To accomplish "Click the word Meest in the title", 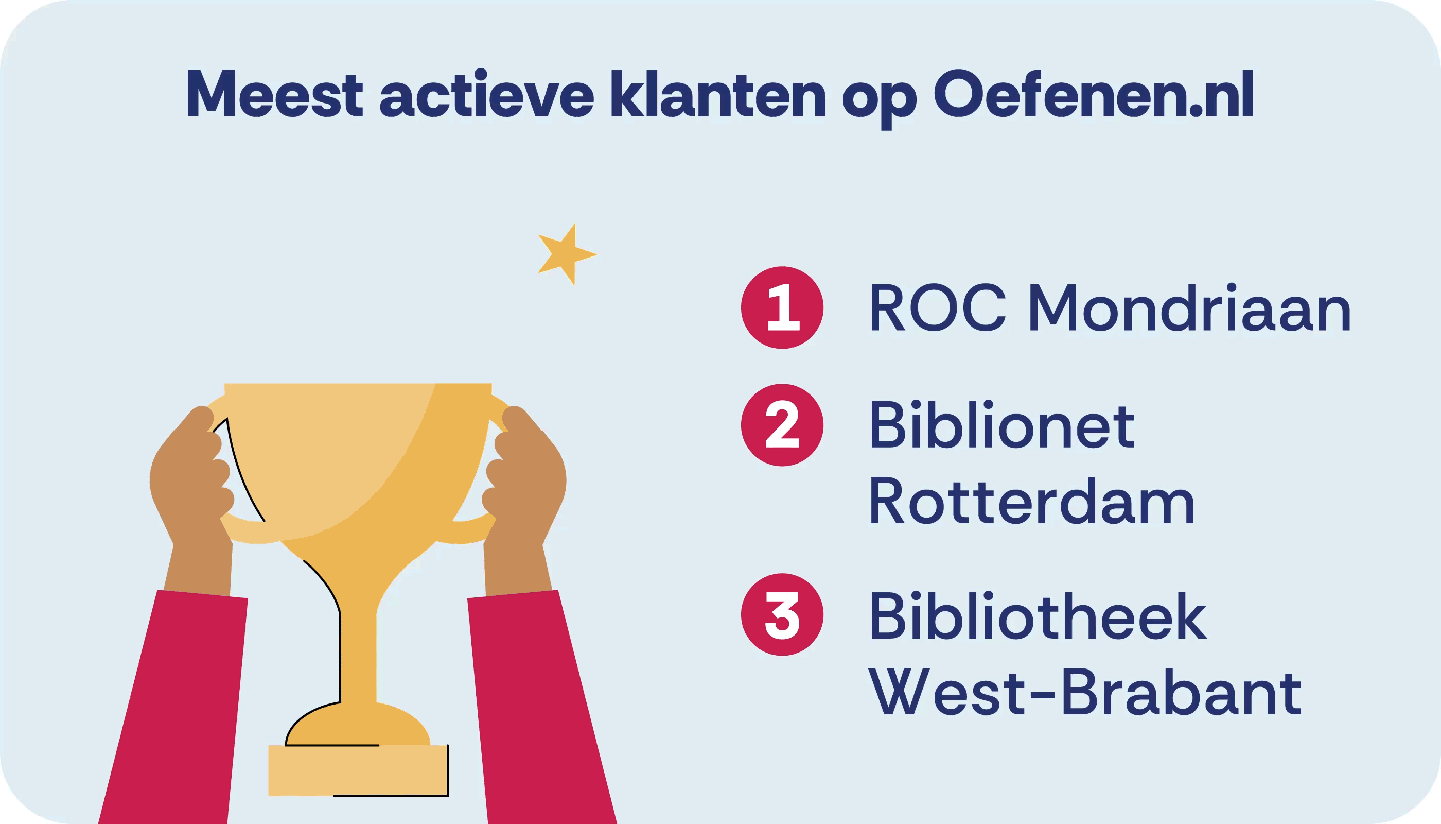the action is pyautogui.click(x=274, y=93).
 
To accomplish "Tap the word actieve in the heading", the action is pyautogui.click(x=486, y=93).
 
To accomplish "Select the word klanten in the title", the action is pyautogui.click(x=718, y=93).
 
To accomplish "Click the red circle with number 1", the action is pyautogui.click(x=782, y=307).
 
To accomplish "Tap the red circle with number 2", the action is pyautogui.click(x=782, y=425).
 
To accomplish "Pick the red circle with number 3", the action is pyautogui.click(x=782, y=614).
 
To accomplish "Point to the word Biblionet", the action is pyautogui.click(x=1001, y=424).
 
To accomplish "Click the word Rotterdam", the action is pyautogui.click(x=1032, y=501).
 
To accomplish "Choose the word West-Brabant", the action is pyautogui.click(x=1085, y=691).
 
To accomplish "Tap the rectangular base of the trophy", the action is pyautogui.click(x=359, y=770).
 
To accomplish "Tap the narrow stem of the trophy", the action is pyautogui.click(x=359, y=657).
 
